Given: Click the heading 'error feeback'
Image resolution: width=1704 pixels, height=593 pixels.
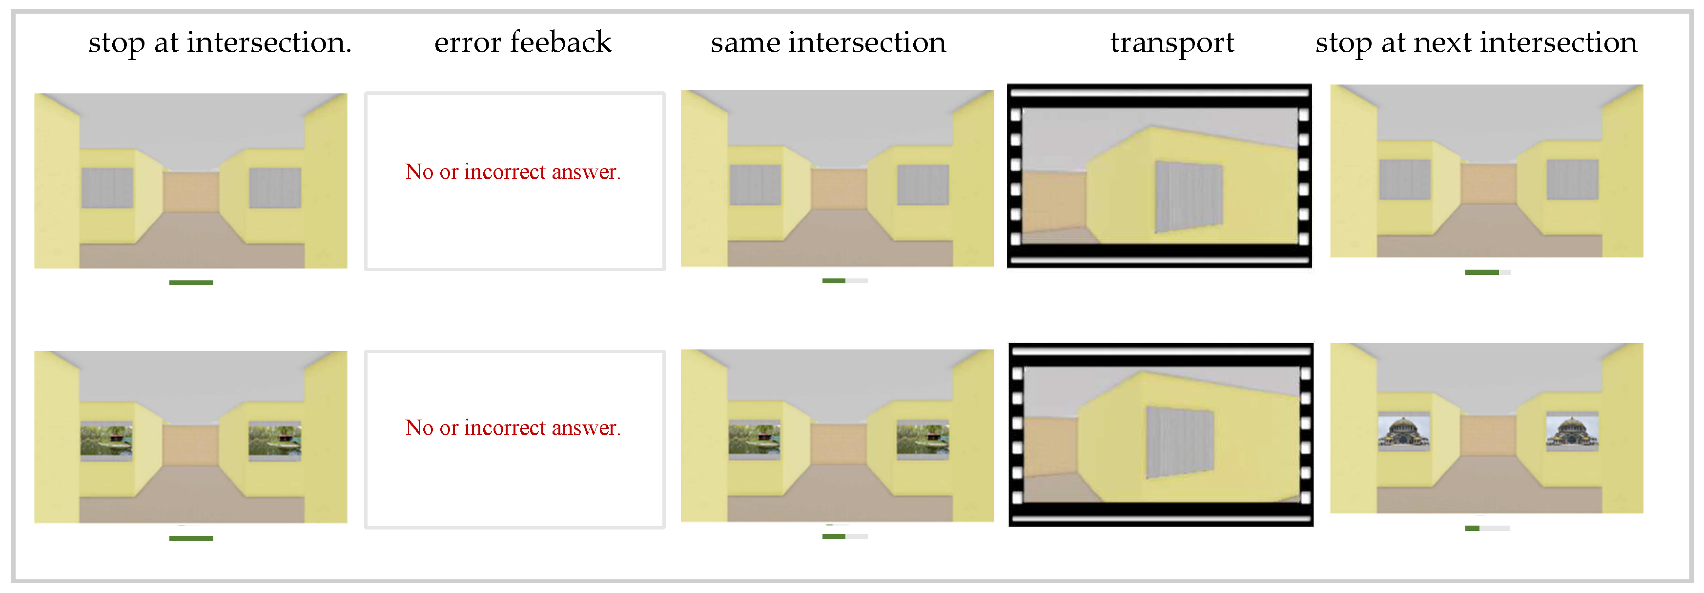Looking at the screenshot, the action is click(523, 42).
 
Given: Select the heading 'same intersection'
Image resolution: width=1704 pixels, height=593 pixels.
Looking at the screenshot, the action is click(828, 42).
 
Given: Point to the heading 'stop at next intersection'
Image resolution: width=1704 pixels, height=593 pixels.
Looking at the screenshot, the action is click(1476, 42).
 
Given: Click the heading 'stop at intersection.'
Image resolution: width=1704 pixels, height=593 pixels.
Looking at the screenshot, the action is click(220, 42).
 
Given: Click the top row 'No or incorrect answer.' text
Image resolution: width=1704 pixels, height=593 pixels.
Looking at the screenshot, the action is click(513, 172).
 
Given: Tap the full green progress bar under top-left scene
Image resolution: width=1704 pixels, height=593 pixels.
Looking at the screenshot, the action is click(191, 283).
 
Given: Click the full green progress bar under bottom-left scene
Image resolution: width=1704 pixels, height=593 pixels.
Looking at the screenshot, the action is click(191, 539).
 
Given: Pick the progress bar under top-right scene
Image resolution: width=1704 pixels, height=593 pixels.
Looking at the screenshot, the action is click(1487, 272).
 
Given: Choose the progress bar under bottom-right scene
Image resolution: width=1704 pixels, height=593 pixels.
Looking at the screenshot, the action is click(1487, 528).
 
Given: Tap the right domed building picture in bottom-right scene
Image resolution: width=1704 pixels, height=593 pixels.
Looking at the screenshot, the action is click(1572, 431).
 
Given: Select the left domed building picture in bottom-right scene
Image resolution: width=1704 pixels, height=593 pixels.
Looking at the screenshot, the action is click(1404, 431).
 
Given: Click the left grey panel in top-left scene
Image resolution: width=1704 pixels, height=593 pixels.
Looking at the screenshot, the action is click(107, 188).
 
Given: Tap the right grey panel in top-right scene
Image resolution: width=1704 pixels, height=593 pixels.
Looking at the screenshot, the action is click(1572, 179).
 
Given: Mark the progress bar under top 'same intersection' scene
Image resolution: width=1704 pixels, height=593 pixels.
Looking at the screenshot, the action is click(845, 280).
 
